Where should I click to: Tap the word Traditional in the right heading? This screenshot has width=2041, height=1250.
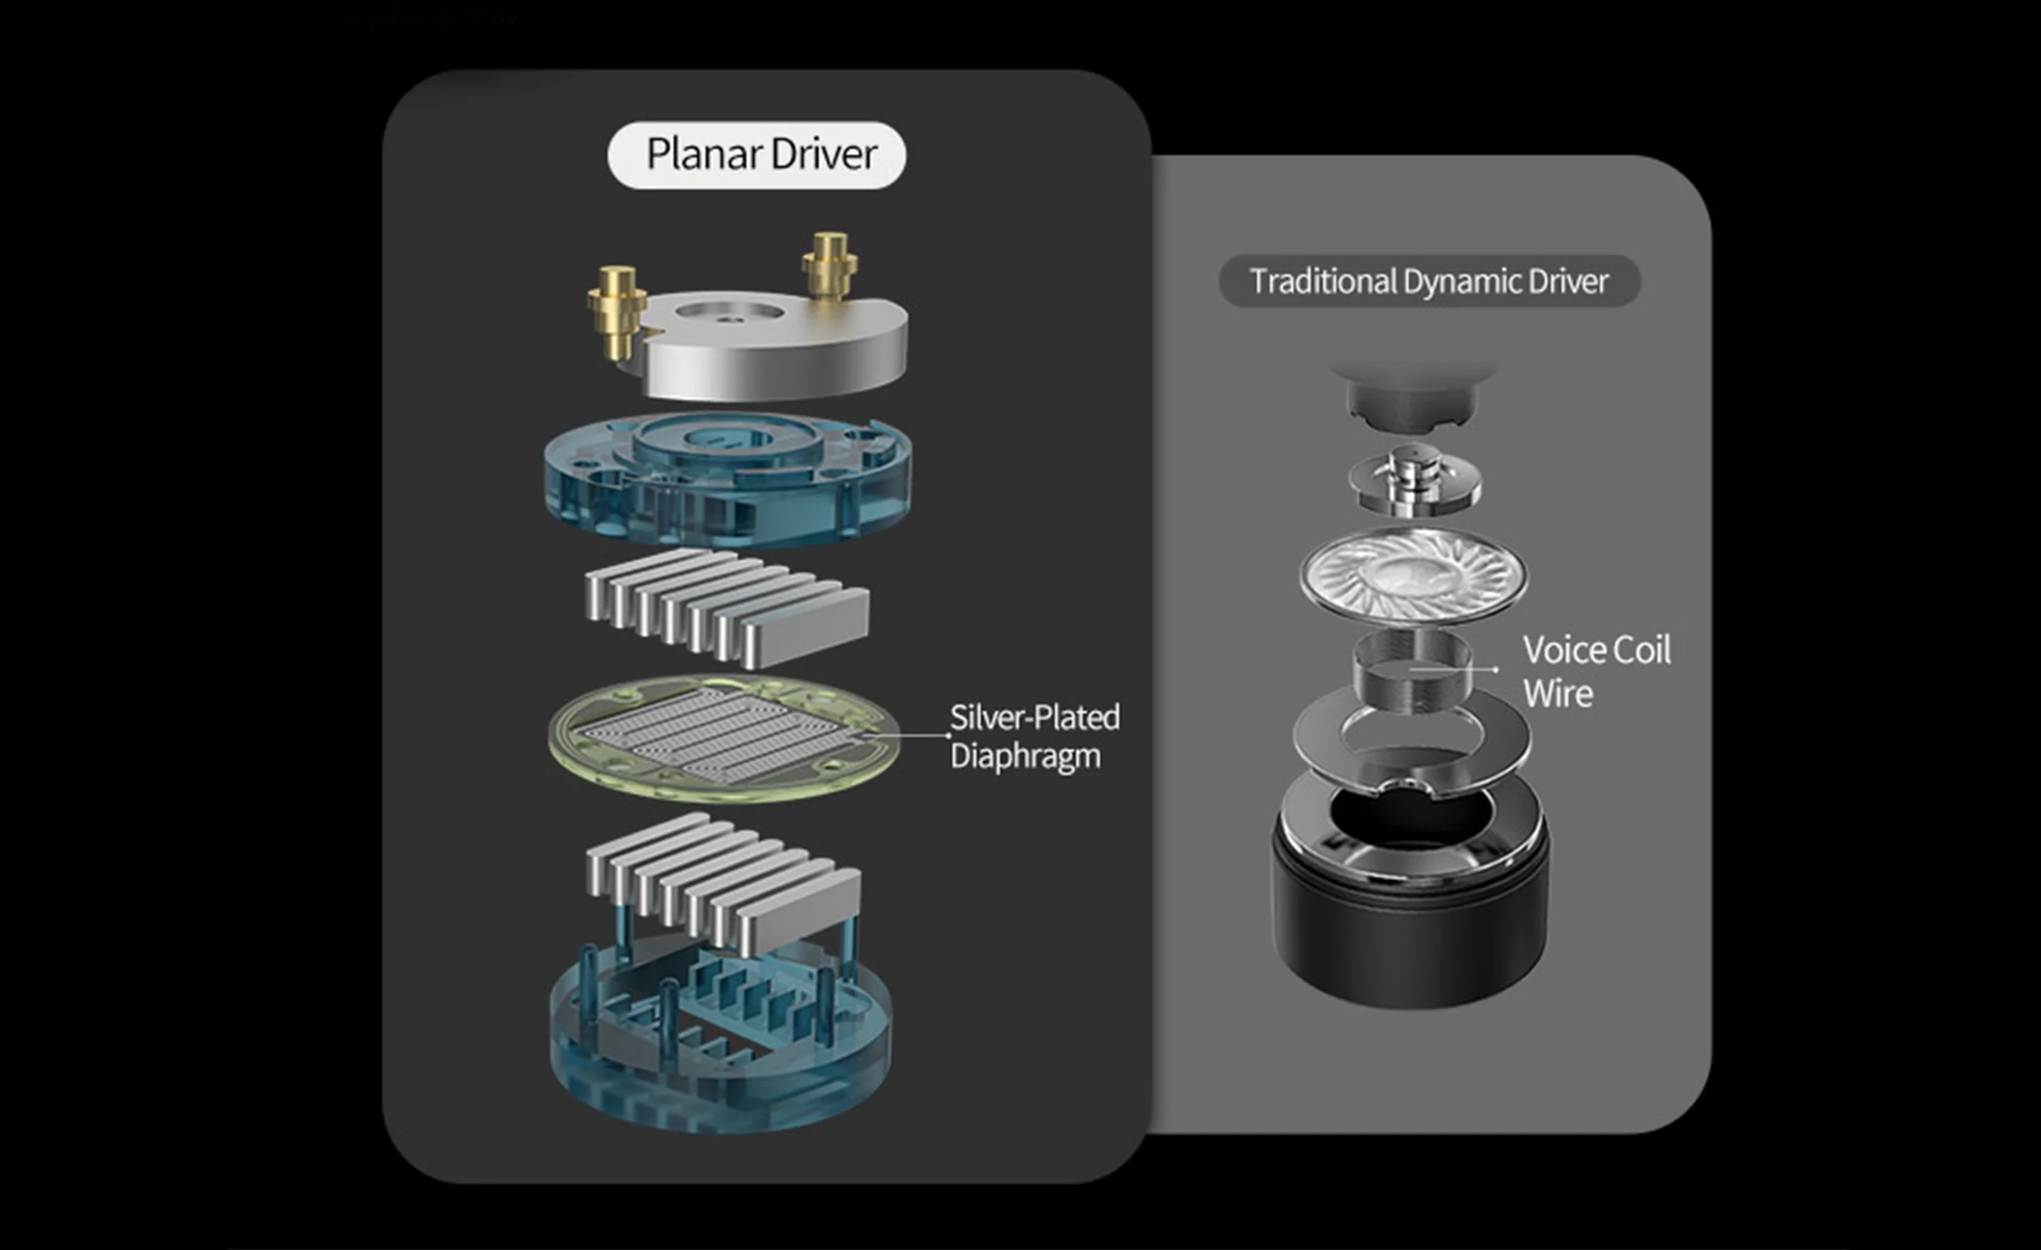[x=1323, y=282]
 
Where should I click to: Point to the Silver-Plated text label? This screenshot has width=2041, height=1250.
[x=1035, y=717]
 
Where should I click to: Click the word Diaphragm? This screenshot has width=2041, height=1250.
[x=1025, y=757]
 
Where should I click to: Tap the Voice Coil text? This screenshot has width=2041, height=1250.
[x=1596, y=651]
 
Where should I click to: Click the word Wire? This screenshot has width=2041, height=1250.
[x=1558, y=694]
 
